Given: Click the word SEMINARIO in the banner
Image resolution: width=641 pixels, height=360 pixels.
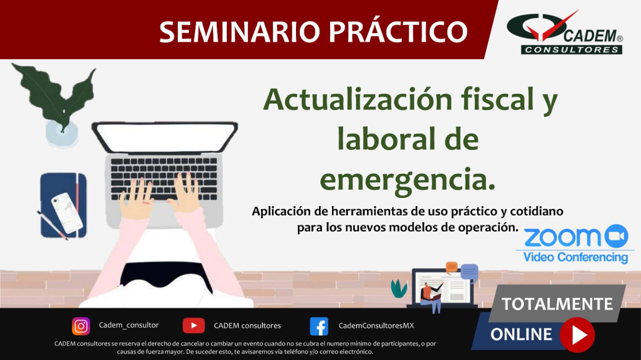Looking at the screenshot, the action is (x=239, y=32).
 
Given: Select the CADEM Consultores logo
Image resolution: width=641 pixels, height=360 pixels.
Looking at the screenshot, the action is (x=565, y=33).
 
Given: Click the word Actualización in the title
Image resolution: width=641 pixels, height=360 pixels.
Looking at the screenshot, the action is (x=358, y=99).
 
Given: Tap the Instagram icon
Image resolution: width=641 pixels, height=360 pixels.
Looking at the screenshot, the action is (x=81, y=326).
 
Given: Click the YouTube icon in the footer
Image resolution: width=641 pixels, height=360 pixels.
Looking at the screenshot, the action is (x=194, y=325).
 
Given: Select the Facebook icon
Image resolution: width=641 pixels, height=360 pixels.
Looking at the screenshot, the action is (x=319, y=326).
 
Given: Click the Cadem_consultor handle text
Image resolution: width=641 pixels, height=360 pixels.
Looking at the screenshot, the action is (x=129, y=325).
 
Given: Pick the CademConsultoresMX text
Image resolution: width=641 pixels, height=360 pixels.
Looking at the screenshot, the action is (x=376, y=325).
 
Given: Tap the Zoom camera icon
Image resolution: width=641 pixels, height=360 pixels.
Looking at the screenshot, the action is (x=616, y=236).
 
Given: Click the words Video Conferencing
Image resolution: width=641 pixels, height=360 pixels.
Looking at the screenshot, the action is (x=575, y=257).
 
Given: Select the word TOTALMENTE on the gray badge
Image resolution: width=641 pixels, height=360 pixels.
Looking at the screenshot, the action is (x=557, y=304).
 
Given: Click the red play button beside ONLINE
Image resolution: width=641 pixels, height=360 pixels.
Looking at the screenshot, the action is (x=577, y=334).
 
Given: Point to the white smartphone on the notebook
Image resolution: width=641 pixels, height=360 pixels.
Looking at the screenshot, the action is (x=67, y=213).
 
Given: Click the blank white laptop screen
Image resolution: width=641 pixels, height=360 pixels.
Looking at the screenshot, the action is (x=165, y=138).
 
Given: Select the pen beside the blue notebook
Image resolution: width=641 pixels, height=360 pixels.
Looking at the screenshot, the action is (x=53, y=225).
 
